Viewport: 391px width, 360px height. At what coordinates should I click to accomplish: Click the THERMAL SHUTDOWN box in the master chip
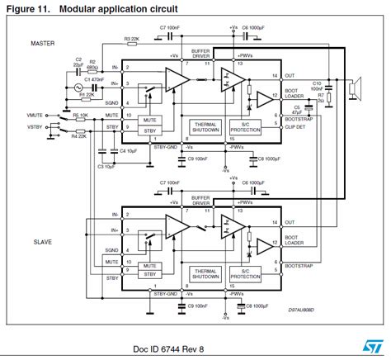(x=204, y=125)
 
